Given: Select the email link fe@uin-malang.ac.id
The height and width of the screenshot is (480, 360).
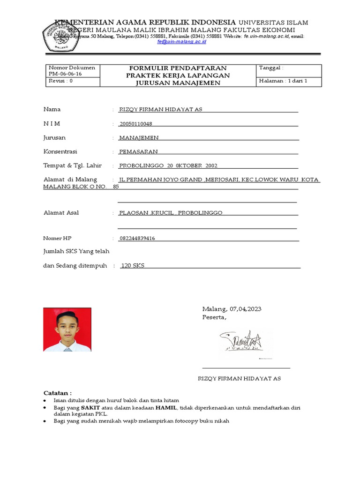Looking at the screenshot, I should pyautogui.click(x=181, y=42).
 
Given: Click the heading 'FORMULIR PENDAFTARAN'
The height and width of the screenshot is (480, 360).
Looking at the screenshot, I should pyautogui.click(x=178, y=68).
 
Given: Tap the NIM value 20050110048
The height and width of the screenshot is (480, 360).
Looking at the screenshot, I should pyautogui.click(x=136, y=124).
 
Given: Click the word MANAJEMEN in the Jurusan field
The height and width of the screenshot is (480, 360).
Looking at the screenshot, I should pyautogui.click(x=139, y=138).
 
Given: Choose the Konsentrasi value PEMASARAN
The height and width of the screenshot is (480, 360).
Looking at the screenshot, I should pyautogui.click(x=138, y=152).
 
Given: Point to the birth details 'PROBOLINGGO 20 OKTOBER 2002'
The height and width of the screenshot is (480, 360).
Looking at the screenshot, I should pyautogui.click(x=168, y=166).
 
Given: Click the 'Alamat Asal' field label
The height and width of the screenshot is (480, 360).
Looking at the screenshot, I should pyautogui.click(x=61, y=213).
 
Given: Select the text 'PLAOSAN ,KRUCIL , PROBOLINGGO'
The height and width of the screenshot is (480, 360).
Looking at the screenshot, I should pyautogui.click(x=171, y=213).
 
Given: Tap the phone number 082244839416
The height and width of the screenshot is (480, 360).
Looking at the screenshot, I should pyautogui.click(x=137, y=239).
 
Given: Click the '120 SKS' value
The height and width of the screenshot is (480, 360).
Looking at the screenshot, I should pyautogui.click(x=133, y=266).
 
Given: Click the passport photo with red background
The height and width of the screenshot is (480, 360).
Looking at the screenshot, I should pyautogui.click(x=67, y=330).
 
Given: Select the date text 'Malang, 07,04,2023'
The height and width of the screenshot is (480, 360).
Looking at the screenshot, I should pyautogui.click(x=232, y=309).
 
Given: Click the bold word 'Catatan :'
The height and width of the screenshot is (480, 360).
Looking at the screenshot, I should pyautogui.click(x=58, y=393).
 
